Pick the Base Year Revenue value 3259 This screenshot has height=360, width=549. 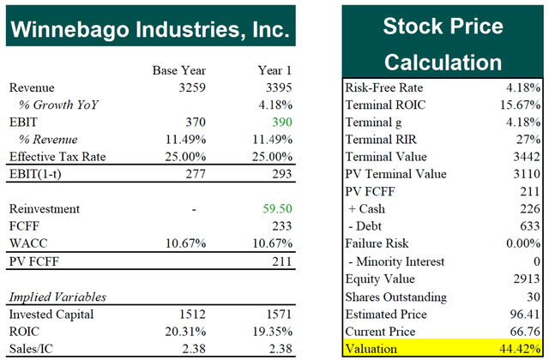pyautogui.click(x=190, y=87)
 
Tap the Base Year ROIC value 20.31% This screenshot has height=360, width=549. pyautogui.click(x=184, y=331)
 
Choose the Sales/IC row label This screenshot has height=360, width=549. pyautogui.click(x=31, y=348)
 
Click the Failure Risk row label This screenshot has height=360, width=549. pyautogui.click(x=377, y=244)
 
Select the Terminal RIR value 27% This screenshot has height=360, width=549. pyautogui.click(x=528, y=140)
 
